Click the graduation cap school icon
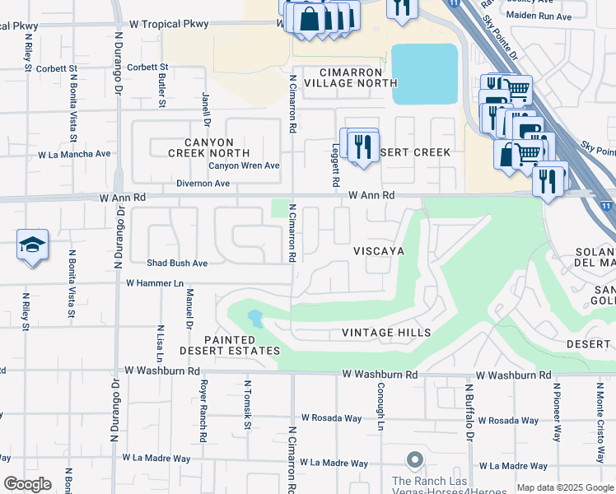point(32,245)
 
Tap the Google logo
point(27,484)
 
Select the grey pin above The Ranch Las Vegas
point(414,459)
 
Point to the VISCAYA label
point(378,251)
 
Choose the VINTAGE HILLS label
point(386,333)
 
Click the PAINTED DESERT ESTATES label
point(242,345)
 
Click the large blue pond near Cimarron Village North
point(424,74)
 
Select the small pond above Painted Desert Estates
point(254,318)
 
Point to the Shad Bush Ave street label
point(177,263)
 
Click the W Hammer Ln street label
point(154,282)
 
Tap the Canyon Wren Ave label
point(244,165)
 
